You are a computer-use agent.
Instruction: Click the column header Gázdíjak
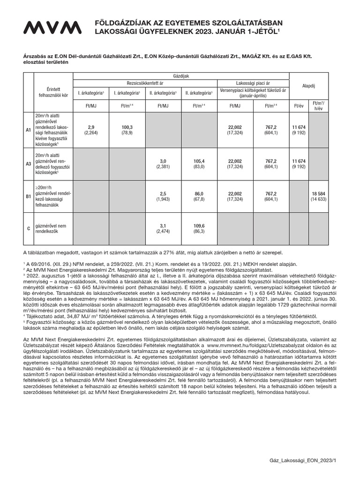181,75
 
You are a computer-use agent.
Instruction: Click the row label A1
28,130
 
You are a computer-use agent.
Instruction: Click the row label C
28,229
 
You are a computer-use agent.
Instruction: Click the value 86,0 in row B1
199,193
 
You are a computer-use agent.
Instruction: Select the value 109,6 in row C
199,225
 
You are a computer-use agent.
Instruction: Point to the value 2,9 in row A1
91,127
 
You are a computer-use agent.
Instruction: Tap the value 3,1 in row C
163,225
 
